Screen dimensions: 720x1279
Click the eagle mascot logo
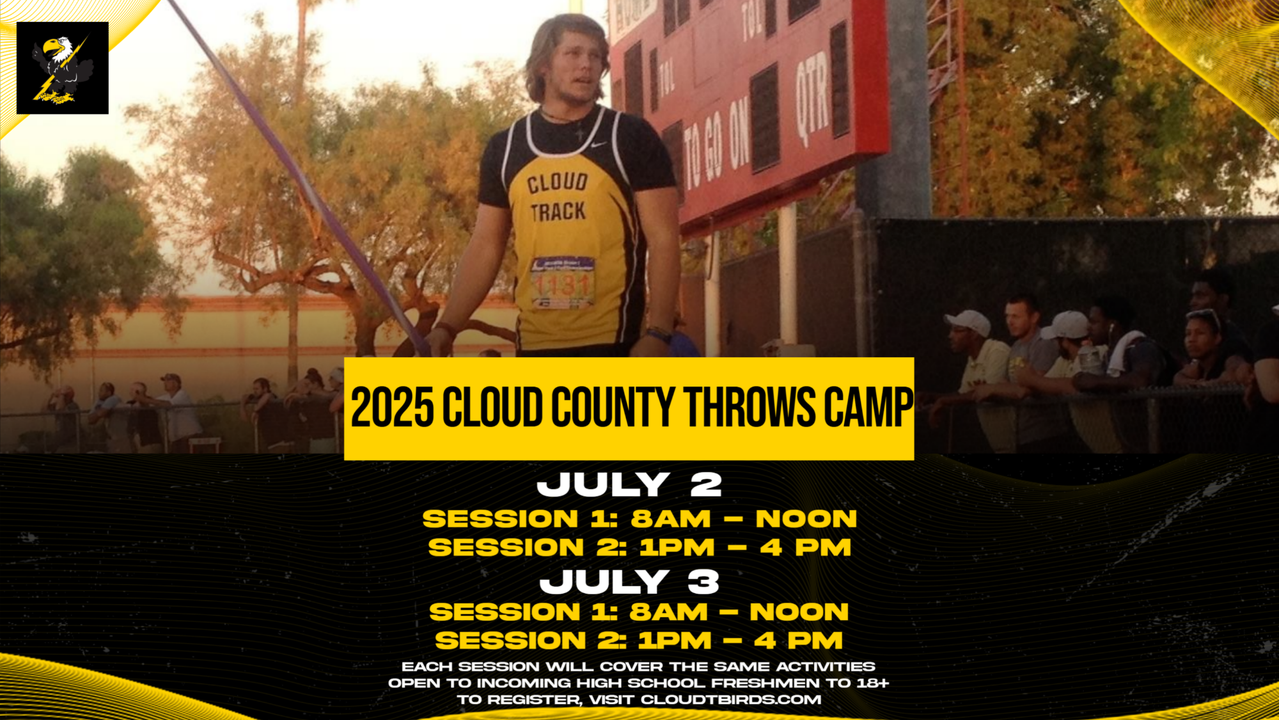click(62, 68)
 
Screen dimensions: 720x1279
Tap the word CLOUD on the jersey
click(557, 182)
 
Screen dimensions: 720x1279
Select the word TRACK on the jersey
click(558, 212)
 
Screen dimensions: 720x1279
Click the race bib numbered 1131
click(563, 282)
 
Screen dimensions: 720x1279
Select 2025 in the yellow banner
click(391, 408)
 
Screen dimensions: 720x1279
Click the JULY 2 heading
click(629, 484)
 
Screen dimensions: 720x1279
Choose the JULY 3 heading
click(629, 582)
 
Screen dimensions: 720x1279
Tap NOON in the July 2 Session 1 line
click(806, 519)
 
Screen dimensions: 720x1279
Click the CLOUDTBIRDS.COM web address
click(731, 700)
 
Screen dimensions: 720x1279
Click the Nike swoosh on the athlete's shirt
click(598, 145)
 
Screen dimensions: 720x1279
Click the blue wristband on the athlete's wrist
click(659, 334)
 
